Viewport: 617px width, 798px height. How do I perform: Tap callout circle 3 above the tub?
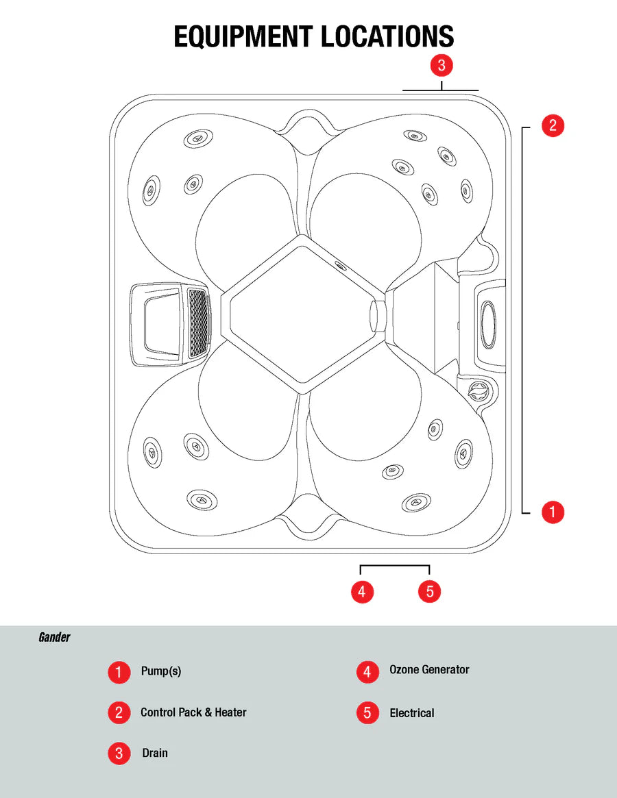click(x=441, y=65)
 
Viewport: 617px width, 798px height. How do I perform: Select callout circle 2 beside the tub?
click(x=553, y=125)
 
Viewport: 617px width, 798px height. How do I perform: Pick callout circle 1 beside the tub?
click(x=553, y=511)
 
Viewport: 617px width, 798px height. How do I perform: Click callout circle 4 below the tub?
click(x=362, y=591)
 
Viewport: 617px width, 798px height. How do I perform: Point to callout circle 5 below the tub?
click(x=429, y=591)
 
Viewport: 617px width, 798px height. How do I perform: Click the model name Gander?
click(x=54, y=637)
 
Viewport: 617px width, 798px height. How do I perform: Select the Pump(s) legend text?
click(x=160, y=671)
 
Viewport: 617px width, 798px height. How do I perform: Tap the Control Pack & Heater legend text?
click(x=193, y=712)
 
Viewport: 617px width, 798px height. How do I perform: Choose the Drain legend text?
click(x=155, y=753)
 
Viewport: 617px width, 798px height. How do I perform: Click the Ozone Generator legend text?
click(x=429, y=670)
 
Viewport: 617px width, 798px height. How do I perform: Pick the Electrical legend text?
click(x=412, y=713)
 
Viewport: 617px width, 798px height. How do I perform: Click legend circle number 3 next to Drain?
click(x=119, y=753)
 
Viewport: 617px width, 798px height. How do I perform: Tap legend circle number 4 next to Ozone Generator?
click(x=367, y=672)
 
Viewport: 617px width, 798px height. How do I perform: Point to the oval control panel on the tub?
click(x=489, y=322)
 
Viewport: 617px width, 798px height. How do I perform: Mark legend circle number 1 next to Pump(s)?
click(x=119, y=672)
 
